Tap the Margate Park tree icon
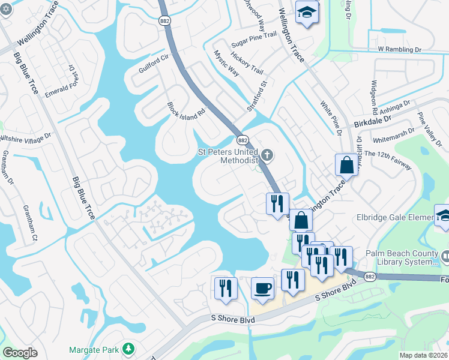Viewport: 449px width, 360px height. point(127,349)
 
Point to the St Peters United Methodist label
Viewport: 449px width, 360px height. point(229,156)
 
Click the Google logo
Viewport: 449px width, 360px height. point(20,353)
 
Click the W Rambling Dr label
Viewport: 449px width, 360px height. point(400,50)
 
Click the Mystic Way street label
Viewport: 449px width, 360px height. point(226,63)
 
